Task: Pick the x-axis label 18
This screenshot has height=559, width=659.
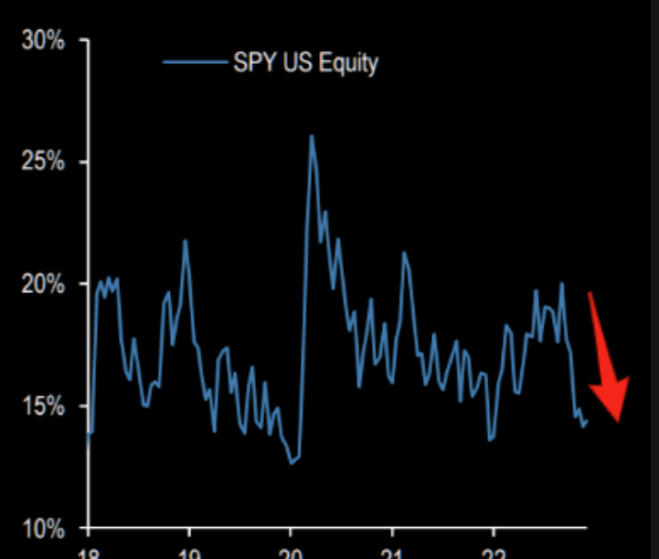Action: (x=89, y=552)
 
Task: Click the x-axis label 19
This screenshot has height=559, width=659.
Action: (x=189, y=552)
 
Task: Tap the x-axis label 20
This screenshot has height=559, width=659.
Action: (x=291, y=552)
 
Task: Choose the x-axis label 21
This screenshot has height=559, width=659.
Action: (x=392, y=552)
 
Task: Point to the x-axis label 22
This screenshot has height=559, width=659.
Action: (x=493, y=552)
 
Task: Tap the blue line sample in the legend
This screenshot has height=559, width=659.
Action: (x=195, y=63)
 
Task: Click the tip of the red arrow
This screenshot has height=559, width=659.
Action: (x=619, y=421)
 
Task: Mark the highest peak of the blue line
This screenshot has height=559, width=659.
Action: (x=311, y=136)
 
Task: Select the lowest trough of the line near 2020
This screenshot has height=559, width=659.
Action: (x=292, y=463)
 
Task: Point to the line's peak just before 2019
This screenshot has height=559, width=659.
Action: (x=185, y=240)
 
